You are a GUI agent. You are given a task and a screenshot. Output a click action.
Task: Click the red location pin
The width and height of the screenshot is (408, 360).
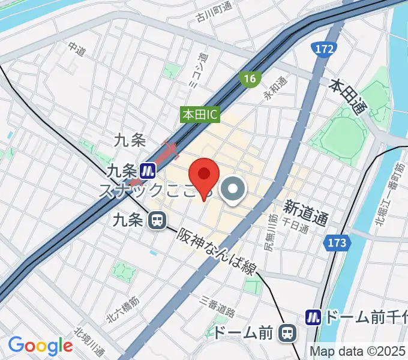click(204, 175)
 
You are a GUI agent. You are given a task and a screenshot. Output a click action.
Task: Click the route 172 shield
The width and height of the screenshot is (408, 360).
click(323, 50)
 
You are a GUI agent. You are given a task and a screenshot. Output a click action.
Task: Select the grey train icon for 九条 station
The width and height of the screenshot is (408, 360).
click(158, 221)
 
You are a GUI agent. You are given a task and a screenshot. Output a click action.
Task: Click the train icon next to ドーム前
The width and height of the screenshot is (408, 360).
click(289, 332)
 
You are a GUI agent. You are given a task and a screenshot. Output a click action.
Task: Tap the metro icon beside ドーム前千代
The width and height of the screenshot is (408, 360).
click(314, 316)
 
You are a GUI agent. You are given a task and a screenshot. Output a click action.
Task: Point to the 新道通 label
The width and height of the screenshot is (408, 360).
click(305, 213)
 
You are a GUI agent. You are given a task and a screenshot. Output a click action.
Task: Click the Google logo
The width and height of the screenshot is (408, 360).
click(40, 346)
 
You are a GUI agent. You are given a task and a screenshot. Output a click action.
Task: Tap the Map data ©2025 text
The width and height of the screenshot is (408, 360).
click(358, 351)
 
